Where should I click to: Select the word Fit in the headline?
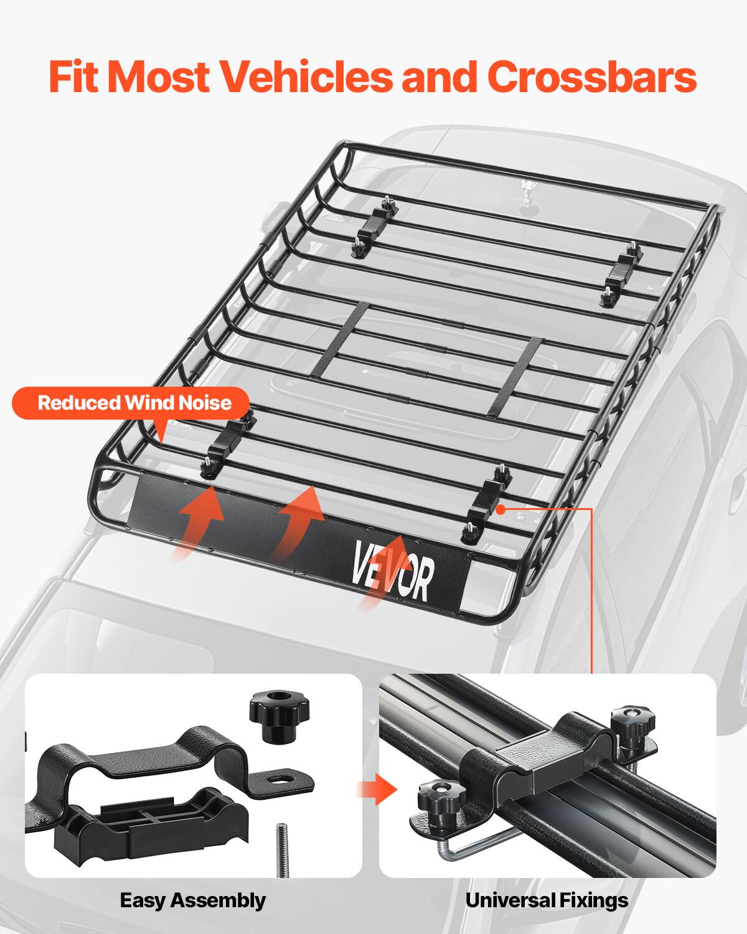[75, 77]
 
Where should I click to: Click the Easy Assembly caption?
[192, 900]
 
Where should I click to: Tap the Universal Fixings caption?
[547, 900]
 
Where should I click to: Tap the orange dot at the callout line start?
[500, 509]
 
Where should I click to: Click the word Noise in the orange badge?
[205, 403]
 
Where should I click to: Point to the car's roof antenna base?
[529, 189]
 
